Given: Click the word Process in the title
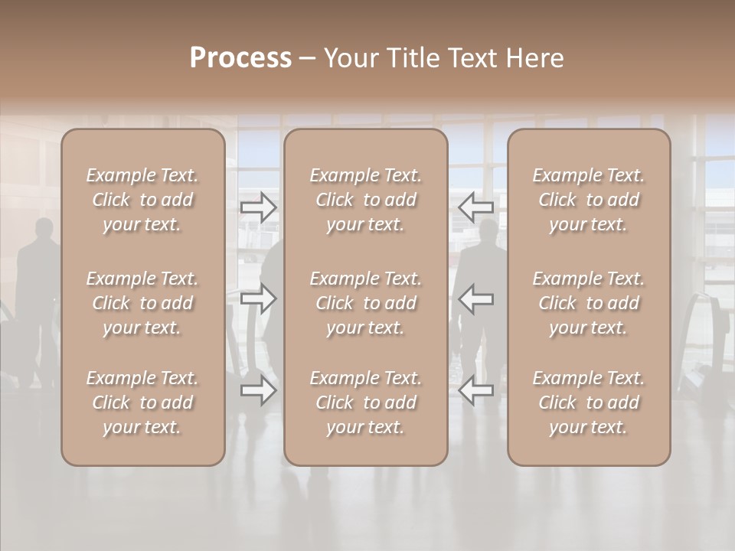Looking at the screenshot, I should [240, 58].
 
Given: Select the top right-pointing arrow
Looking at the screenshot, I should [259, 207].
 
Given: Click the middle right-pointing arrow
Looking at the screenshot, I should [259, 298].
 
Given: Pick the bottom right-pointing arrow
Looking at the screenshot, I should [259, 390].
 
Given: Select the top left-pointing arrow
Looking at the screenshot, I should [475, 207].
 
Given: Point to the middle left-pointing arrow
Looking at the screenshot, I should [475, 298].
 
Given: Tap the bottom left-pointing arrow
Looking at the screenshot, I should [475, 390].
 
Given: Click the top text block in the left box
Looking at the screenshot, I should [142, 200].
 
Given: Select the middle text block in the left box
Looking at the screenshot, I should [142, 303].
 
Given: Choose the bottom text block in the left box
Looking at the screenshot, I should [142, 403].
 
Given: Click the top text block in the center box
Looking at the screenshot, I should [366, 200].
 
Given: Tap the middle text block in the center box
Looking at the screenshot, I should [366, 303].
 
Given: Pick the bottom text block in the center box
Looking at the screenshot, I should [366, 403].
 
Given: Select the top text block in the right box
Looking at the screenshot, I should [589, 200].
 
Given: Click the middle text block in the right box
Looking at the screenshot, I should [589, 303].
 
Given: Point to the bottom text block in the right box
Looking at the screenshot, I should [589, 403].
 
